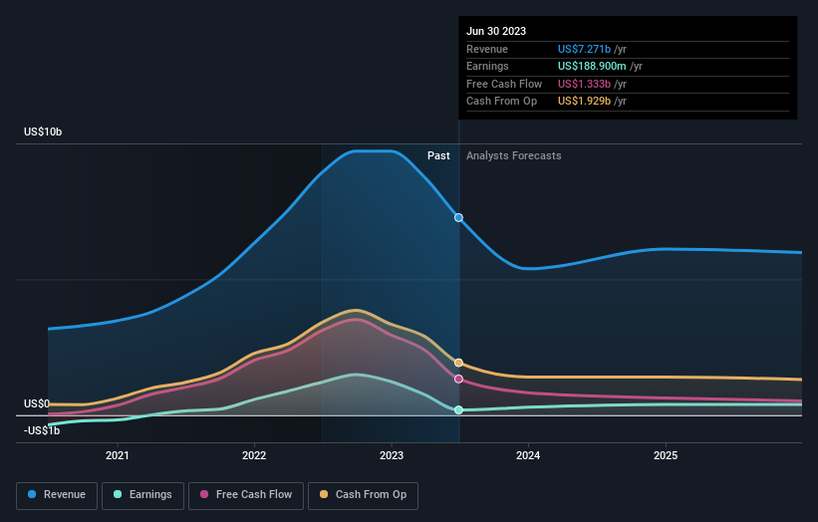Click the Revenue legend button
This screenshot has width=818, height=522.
tap(57, 494)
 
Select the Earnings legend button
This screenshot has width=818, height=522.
tap(141, 494)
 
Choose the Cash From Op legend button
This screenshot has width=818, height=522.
tap(362, 494)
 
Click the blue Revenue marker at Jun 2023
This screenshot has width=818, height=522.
tap(458, 217)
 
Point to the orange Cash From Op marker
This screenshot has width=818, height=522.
tap(458, 363)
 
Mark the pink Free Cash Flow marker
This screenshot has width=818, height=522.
tap(458, 379)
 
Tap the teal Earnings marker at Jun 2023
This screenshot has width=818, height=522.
tap(458, 409)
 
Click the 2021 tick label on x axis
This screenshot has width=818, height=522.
tap(118, 455)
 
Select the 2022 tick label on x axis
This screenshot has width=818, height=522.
tap(254, 455)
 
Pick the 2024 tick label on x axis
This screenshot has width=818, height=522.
tap(528, 455)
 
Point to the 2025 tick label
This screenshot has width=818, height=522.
tap(665, 455)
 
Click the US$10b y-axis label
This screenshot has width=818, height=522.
tap(46, 132)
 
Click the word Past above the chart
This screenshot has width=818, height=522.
tap(438, 155)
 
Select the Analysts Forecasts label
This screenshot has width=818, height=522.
tap(513, 155)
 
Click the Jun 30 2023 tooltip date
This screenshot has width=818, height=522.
tap(495, 31)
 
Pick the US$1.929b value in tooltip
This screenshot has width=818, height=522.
tap(586, 102)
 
